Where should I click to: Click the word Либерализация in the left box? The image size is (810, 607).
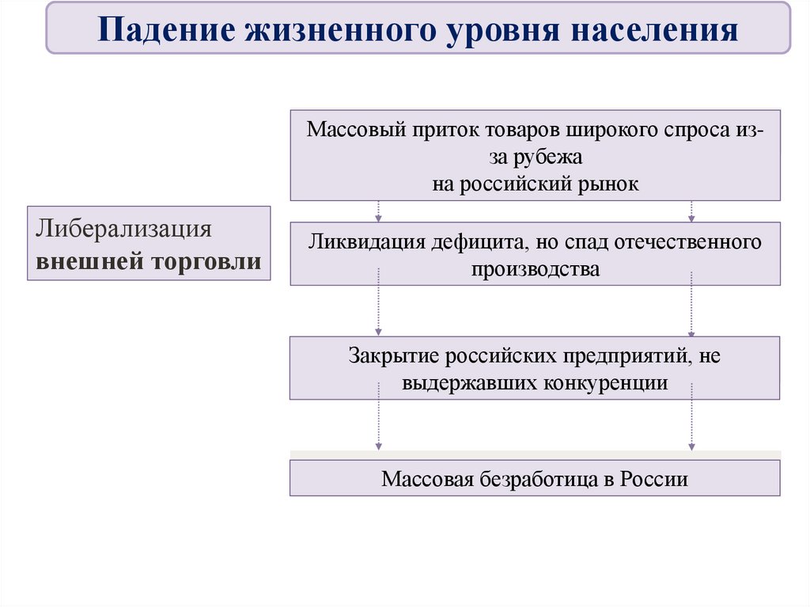[x=122, y=230]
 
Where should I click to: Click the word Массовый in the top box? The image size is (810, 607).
[x=357, y=130]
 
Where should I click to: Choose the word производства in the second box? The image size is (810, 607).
[x=536, y=268]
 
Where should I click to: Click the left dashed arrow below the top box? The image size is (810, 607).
[x=379, y=211]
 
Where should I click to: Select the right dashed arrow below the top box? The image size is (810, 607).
[x=691, y=211]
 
